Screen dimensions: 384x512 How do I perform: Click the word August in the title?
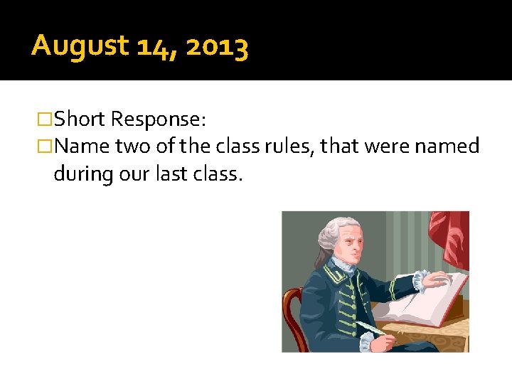79,47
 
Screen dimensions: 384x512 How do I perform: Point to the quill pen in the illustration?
370,328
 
